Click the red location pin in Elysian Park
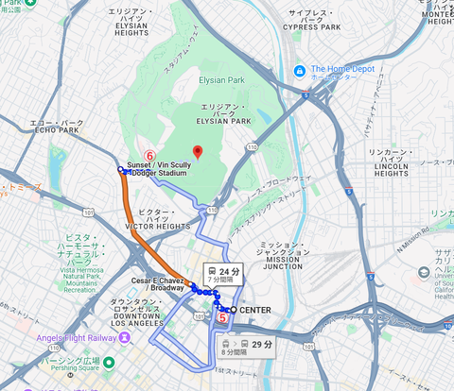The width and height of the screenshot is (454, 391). coord(197,152)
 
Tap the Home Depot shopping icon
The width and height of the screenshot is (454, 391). coord(300,70)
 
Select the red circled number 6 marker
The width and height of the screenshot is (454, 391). coord(148,153)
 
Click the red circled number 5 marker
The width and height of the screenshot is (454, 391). coord(223,319)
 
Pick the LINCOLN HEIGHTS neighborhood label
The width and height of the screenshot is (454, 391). coord(391,162)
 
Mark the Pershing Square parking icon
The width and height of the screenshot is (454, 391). coord(109,363)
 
